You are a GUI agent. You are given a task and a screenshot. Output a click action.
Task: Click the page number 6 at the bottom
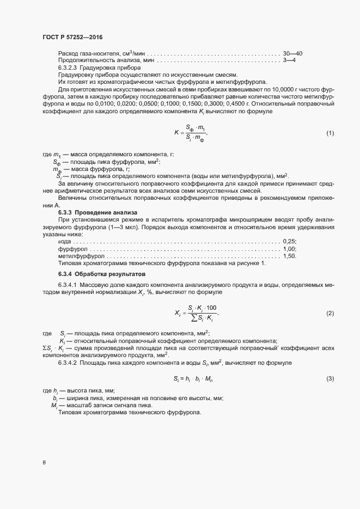44,463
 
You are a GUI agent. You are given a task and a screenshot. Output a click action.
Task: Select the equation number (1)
330,133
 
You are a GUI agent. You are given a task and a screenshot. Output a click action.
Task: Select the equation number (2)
330,313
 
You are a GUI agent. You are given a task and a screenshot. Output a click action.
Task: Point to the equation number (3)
330,378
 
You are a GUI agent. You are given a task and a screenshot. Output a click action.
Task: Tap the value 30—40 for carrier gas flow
292,53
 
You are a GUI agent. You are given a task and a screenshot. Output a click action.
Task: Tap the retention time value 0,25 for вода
289,241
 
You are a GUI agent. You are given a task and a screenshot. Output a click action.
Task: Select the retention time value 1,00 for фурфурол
289,248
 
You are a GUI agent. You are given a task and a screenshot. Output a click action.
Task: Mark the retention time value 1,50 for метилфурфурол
289,255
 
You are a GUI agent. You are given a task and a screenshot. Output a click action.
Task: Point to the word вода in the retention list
64,241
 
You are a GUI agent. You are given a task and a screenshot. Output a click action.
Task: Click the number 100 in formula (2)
211,308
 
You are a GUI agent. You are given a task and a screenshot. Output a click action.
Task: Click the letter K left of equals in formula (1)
176,132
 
